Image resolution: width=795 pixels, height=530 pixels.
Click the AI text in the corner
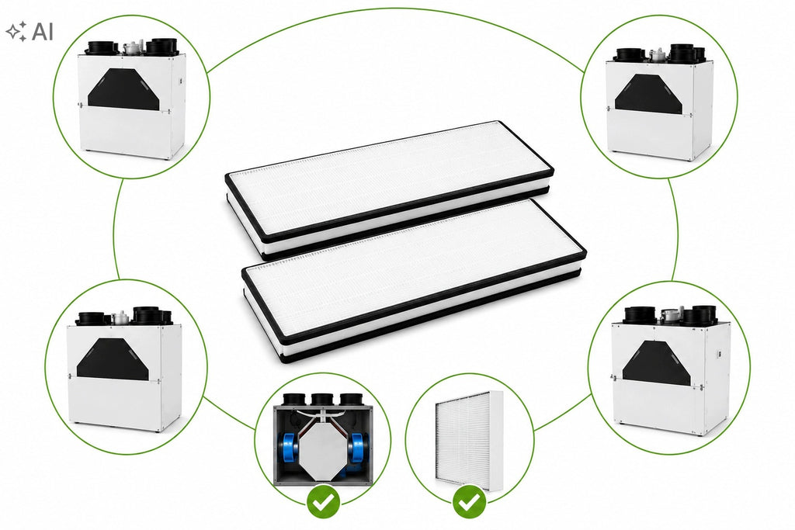click(x=43, y=31)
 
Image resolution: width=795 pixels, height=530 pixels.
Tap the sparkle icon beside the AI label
click(x=16, y=31)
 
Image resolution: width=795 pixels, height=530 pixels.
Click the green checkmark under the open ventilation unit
click(x=323, y=502)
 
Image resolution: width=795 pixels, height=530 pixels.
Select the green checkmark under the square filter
click(x=469, y=502)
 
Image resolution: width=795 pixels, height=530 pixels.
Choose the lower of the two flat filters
click(x=415, y=279)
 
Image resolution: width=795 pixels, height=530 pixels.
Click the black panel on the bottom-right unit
click(x=657, y=363)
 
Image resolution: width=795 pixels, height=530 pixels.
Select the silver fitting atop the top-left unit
click(x=131, y=47)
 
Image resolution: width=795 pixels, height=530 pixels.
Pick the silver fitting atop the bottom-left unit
click(x=120, y=317)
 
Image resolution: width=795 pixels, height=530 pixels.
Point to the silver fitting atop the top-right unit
click(x=658, y=54)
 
